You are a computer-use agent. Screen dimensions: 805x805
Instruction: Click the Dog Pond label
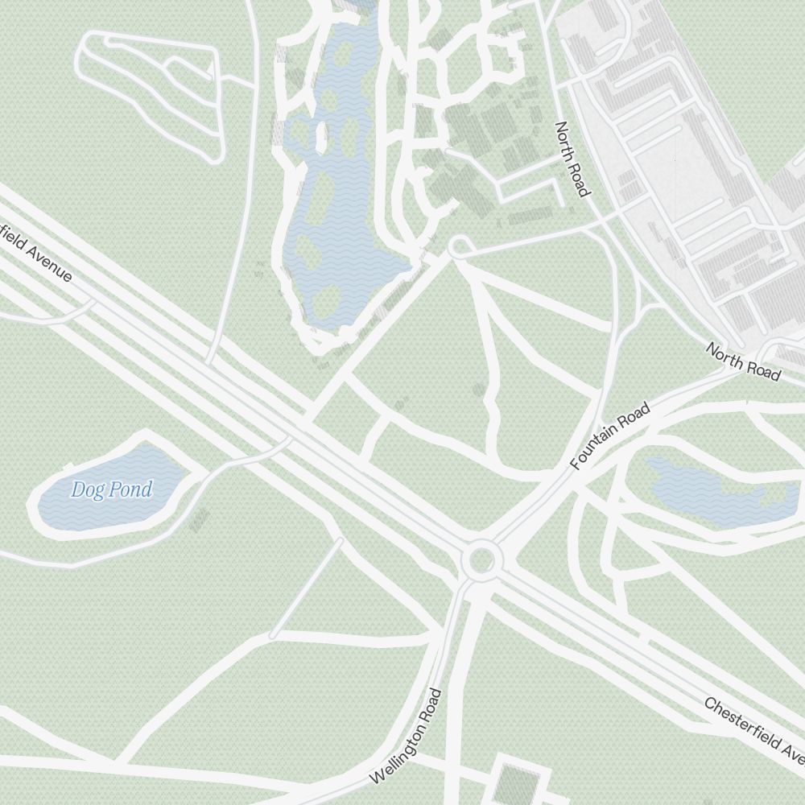(x=111, y=489)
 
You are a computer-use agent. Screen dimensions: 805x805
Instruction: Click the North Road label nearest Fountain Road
(x=743, y=361)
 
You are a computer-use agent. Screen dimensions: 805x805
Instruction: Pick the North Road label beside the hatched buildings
(x=572, y=159)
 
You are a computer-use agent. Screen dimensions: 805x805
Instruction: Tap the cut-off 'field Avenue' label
(x=36, y=252)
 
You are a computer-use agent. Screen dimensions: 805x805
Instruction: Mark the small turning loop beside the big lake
(x=459, y=246)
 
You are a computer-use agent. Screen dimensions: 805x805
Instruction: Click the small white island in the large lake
(x=321, y=137)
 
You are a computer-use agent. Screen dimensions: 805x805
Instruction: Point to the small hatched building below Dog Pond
(x=198, y=519)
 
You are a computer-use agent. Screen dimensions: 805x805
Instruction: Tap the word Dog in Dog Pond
(x=88, y=489)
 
